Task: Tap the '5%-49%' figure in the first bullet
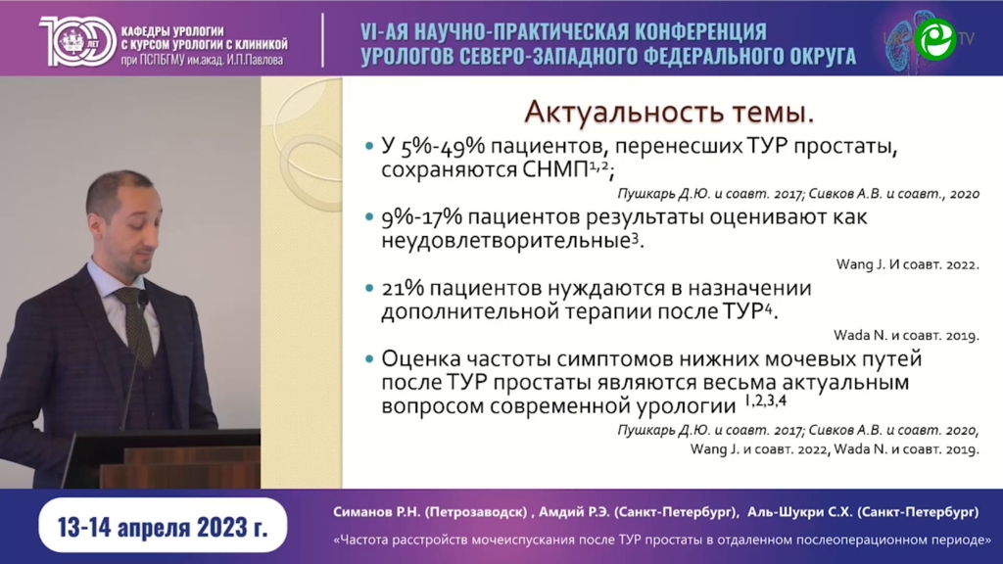[x=443, y=147]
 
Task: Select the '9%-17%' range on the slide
[x=421, y=217]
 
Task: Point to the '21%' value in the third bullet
[x=403, y=289]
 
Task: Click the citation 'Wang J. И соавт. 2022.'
[x=907, y=264]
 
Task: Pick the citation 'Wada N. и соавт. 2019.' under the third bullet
[x=906, y=335]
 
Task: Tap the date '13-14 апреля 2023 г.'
[x=163, y=527]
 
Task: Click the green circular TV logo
[x=934, y=39]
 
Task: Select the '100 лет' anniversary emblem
[x=77, y=40]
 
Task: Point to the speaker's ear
[x=97, y=226]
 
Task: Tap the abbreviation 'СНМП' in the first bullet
[x=554, y=170]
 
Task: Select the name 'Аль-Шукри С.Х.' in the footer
[x=799, y=512]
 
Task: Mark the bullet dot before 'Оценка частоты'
[x=368, y=359]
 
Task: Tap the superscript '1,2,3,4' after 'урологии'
[x=765, y=400]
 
